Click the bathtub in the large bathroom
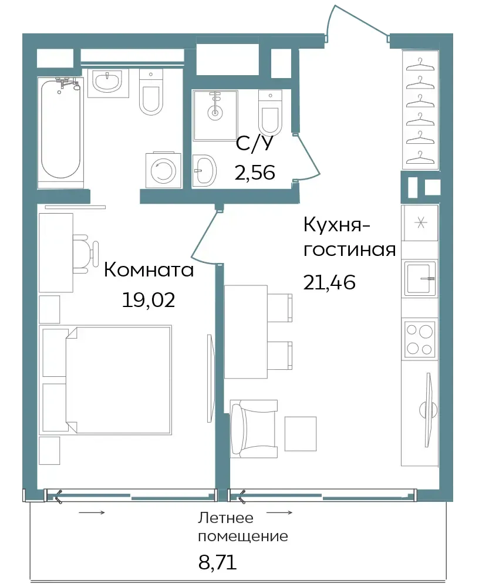(x=60, y=131)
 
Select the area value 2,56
(x=255, y=173)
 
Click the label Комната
(x=149, y=269)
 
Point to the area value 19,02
(x=149, y=299)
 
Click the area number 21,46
(x=329, y=282)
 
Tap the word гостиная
(x=349, y=249)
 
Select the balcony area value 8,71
(x=217, y=562)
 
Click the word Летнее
(x=226, y=518)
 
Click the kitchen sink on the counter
(x=420, y=278)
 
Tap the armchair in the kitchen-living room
(x=253, y=429)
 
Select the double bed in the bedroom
(x=106, y=380)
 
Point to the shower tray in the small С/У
(x=215, y=115)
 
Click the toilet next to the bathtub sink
(x=151, y=92)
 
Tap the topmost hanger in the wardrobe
(x=420, y=65)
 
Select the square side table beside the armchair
(x=301, y=434)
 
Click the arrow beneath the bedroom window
(x=92, y=512)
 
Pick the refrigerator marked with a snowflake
(x=420, y=223)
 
